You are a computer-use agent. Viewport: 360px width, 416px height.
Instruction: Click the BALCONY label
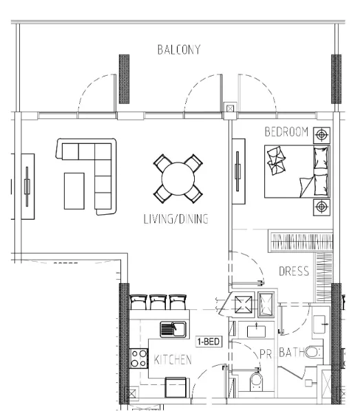[x=179, y=50]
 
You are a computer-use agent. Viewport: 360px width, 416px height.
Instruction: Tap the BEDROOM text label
[x=286, y=132]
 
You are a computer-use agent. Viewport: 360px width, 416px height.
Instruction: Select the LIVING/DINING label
[x=176, y=219]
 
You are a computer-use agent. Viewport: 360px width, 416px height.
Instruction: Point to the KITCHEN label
[x=173, y=360]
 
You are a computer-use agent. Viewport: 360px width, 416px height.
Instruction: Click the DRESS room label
[x=294, y=271]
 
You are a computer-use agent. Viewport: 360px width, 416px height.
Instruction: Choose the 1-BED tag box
[x=209, y=341]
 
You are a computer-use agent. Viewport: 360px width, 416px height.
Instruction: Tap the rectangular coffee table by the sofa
[x=74, y=191]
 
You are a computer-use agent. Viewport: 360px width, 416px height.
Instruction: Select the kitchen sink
[x=173, y=329]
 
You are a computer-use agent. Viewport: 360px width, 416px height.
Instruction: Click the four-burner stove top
[x=138, y=358]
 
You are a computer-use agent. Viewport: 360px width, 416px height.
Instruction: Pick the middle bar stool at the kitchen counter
[x=158, y=302]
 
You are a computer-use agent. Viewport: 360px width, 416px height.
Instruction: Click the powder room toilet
[x=256, y=382]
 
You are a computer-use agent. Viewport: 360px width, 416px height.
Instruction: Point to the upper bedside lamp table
[x=321, y=135]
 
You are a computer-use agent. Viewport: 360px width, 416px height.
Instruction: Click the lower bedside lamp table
[x=321, y=207]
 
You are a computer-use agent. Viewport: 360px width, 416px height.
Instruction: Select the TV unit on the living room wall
[x=28, y=187]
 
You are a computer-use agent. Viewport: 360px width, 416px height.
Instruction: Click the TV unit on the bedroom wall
[x=238, y=171]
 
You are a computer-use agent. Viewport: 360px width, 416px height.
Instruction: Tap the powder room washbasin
[x=256, y=331]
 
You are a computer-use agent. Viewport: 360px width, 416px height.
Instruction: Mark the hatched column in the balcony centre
[x=124, y=79]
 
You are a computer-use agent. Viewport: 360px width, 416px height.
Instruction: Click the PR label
[x=266, y=354]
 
